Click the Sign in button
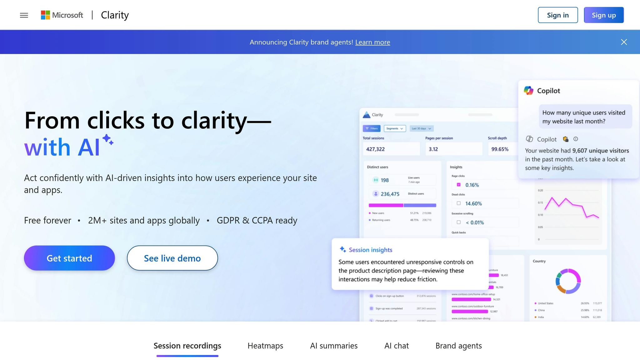click(558, 15)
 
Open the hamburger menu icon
click(24, 15)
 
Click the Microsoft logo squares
click(45, 15)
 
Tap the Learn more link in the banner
click(372, 42)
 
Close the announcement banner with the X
click(624, 42)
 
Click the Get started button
click(69, 258)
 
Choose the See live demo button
click(172, 258)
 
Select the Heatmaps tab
click(265, 346)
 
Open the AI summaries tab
click(334, 346)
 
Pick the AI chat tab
click(397, 346)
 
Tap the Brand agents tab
click(458, 346)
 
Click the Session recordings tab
click(187, 346)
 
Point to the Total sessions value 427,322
click(375, 149)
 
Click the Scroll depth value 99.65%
click(500, 149)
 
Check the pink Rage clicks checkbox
click(458, 185)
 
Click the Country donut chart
click(568, 281)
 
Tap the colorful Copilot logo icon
click(528, 91)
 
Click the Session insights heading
click(370, 250)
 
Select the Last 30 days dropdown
click(421, 128)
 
